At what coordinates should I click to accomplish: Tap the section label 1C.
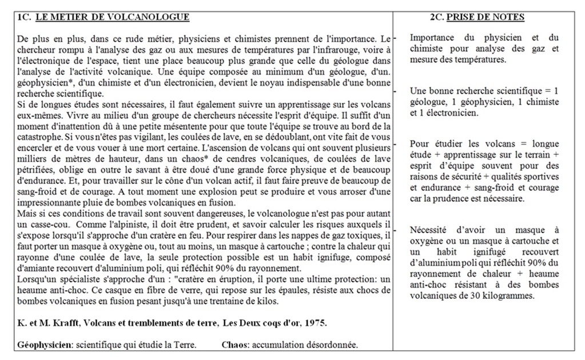coord(24,17)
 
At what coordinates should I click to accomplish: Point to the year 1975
coord(316,323)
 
